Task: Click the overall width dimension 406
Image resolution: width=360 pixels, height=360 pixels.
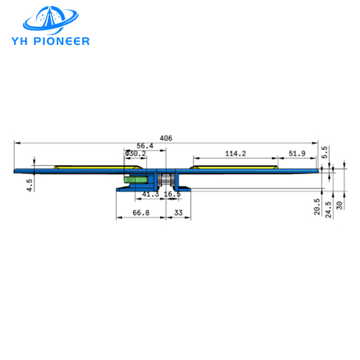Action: (166, 138)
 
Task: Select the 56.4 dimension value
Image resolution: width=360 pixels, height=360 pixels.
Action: (145, 146)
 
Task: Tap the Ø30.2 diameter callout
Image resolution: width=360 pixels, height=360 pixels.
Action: (135, 153)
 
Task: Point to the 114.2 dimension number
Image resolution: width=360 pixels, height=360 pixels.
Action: (235, 153)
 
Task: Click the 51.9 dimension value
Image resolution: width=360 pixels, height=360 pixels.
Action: (297, 153)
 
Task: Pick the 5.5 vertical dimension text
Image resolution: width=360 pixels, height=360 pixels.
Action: (325, 153)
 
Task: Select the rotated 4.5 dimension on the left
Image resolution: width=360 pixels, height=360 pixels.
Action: (30, 185)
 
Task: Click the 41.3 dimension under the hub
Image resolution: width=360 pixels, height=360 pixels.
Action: (150, 193)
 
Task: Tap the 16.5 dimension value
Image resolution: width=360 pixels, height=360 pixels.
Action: (172, 193)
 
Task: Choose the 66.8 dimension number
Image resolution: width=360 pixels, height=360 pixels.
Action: (140, 212)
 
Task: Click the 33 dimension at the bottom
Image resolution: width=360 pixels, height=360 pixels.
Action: (178, 212)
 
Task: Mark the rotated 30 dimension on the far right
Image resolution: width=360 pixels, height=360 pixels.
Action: (340, 206)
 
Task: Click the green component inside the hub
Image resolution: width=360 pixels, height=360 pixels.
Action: (131, 179)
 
